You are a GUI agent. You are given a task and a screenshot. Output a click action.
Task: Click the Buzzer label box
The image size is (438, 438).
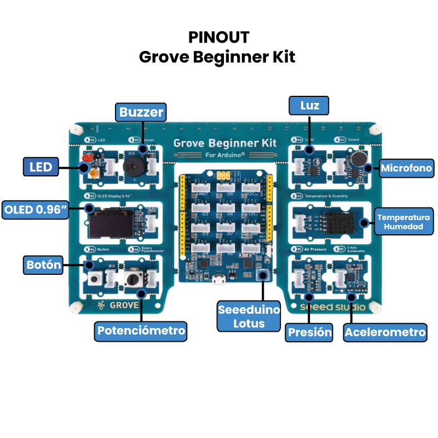point(142,113)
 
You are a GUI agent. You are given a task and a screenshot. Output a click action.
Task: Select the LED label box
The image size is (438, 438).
point(42,167)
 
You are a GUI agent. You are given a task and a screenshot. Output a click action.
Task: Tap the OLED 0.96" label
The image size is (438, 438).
point(36,209)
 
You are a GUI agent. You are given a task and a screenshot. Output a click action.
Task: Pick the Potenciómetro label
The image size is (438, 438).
point(141,331)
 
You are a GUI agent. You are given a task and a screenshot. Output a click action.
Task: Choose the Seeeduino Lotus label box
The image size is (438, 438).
point(249,316)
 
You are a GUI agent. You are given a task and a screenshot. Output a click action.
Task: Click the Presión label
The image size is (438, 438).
point(310,332)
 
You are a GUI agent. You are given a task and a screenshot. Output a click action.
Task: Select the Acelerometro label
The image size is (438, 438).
point(385,332)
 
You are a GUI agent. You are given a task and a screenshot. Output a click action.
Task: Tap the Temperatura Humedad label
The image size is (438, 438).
point(404,222)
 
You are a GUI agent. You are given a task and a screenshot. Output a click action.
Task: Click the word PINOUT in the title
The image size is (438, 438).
point(218,37)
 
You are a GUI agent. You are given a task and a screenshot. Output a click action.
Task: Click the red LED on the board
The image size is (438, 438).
point(86,158)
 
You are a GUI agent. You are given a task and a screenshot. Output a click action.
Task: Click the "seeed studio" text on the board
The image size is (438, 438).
point(332,307)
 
